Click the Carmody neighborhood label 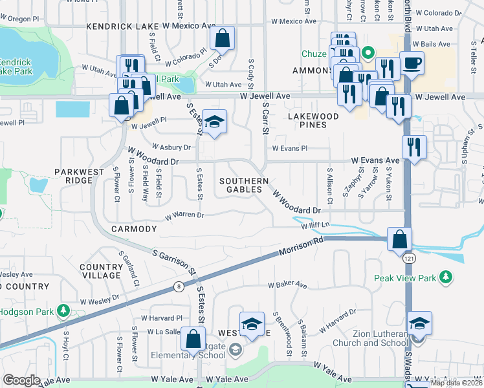(x=134, y=229)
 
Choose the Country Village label (x=100, y=271)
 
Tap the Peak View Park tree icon (x=446, y=278)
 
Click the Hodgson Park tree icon (x=63, y=311)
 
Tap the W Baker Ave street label (x=291, y=284)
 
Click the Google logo (x=21, y=380)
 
